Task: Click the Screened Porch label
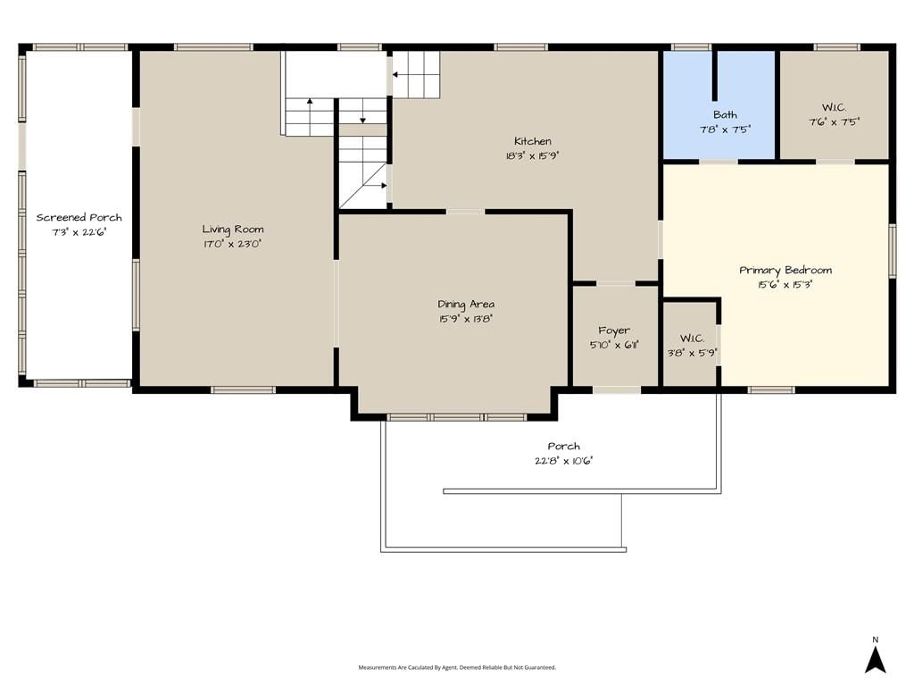tap(79, 218)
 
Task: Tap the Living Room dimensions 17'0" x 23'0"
tap(232, 244)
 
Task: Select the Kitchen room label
tap(533, 141)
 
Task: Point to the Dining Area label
tap(466, 304)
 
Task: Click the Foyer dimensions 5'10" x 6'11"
tap(614, 345)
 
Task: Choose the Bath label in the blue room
tap(725, 115)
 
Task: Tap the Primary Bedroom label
tap(785, 270)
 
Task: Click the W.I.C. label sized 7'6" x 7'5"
tap(835, 107)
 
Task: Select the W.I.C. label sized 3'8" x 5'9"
tap(692, 339)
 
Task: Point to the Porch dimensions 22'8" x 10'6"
tap(564, 461)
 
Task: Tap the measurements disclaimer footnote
tap(457, 667)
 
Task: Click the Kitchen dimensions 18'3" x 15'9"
tap(533, 155)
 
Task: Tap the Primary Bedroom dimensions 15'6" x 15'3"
tap(785, 285)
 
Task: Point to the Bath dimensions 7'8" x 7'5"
tap(725, 130)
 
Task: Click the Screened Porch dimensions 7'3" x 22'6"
tap(79, 232)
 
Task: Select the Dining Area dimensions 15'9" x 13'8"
tap(466, 319)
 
